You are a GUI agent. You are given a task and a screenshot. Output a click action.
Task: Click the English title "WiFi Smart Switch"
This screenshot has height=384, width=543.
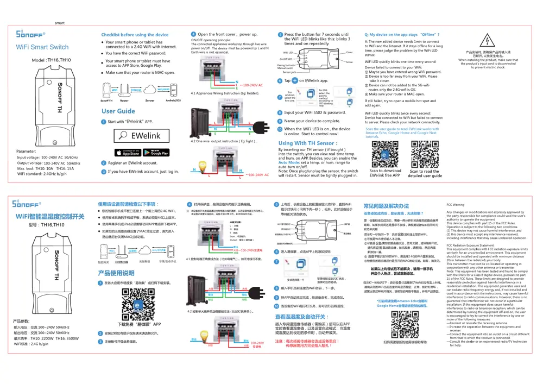tap(42, 47)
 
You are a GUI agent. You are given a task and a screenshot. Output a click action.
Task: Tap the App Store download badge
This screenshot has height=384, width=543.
tap(127, 153)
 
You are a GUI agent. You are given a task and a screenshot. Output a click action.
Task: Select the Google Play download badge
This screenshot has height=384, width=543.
tap(156, 153)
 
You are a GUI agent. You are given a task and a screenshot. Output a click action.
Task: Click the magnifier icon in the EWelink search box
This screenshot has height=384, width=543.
tap(124, 136)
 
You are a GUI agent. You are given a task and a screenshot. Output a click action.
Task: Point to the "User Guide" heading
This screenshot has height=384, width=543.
tap(118, 111)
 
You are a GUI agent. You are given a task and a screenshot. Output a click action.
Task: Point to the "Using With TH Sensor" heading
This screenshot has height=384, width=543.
tap(307, 143)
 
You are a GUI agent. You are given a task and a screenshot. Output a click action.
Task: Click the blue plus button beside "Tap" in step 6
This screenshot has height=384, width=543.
tap(295, 80)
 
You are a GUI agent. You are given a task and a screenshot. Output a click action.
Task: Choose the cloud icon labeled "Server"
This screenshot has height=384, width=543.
tap(149, 90)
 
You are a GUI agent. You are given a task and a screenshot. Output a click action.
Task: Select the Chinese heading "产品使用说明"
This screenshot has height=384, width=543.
tap(116, 273)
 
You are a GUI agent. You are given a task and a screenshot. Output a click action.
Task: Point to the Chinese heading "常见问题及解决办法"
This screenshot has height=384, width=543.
tap(386, 206)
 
